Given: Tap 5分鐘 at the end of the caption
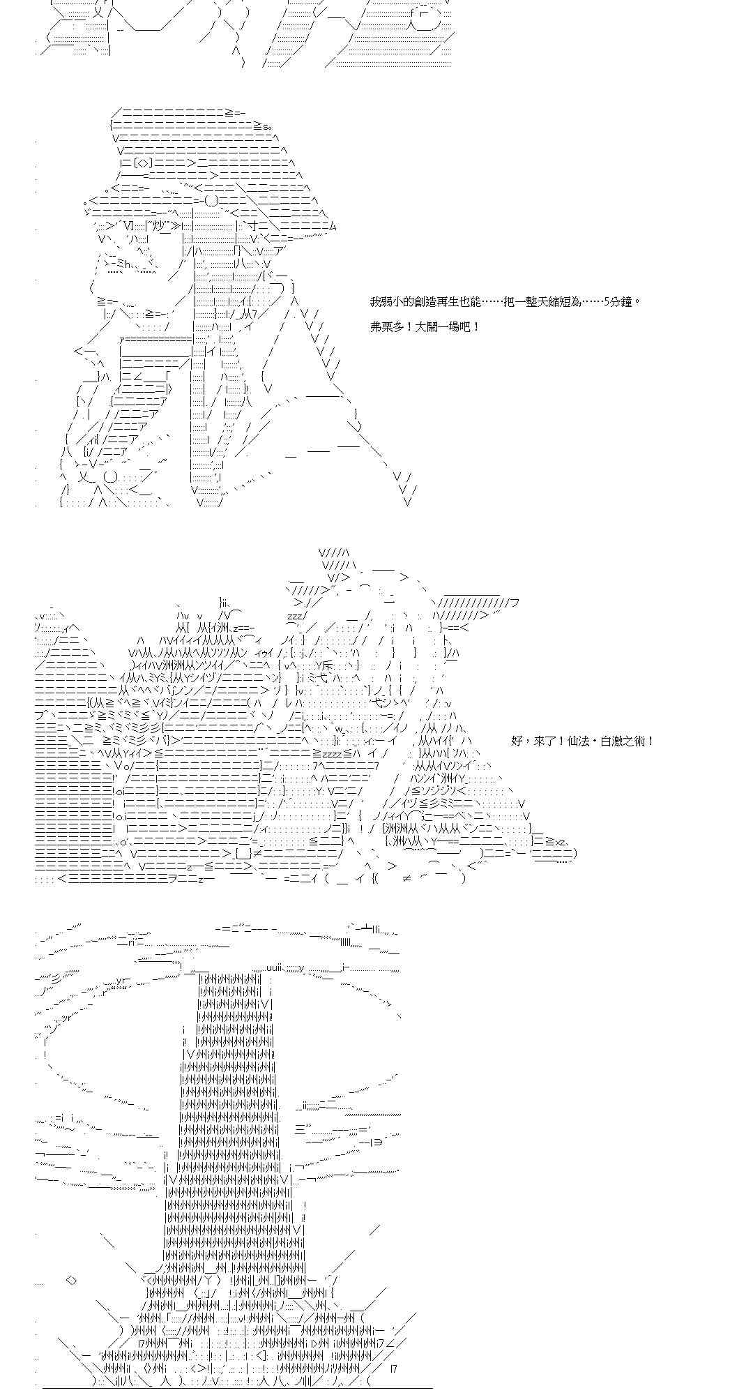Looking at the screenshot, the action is coord(620,302).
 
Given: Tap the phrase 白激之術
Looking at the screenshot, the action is coord(625,741).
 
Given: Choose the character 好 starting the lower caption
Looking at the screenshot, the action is coord(517,741).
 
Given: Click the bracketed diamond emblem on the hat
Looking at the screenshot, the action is coord(143,163).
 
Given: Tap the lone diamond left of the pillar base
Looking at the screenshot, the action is coord(71,1280).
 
